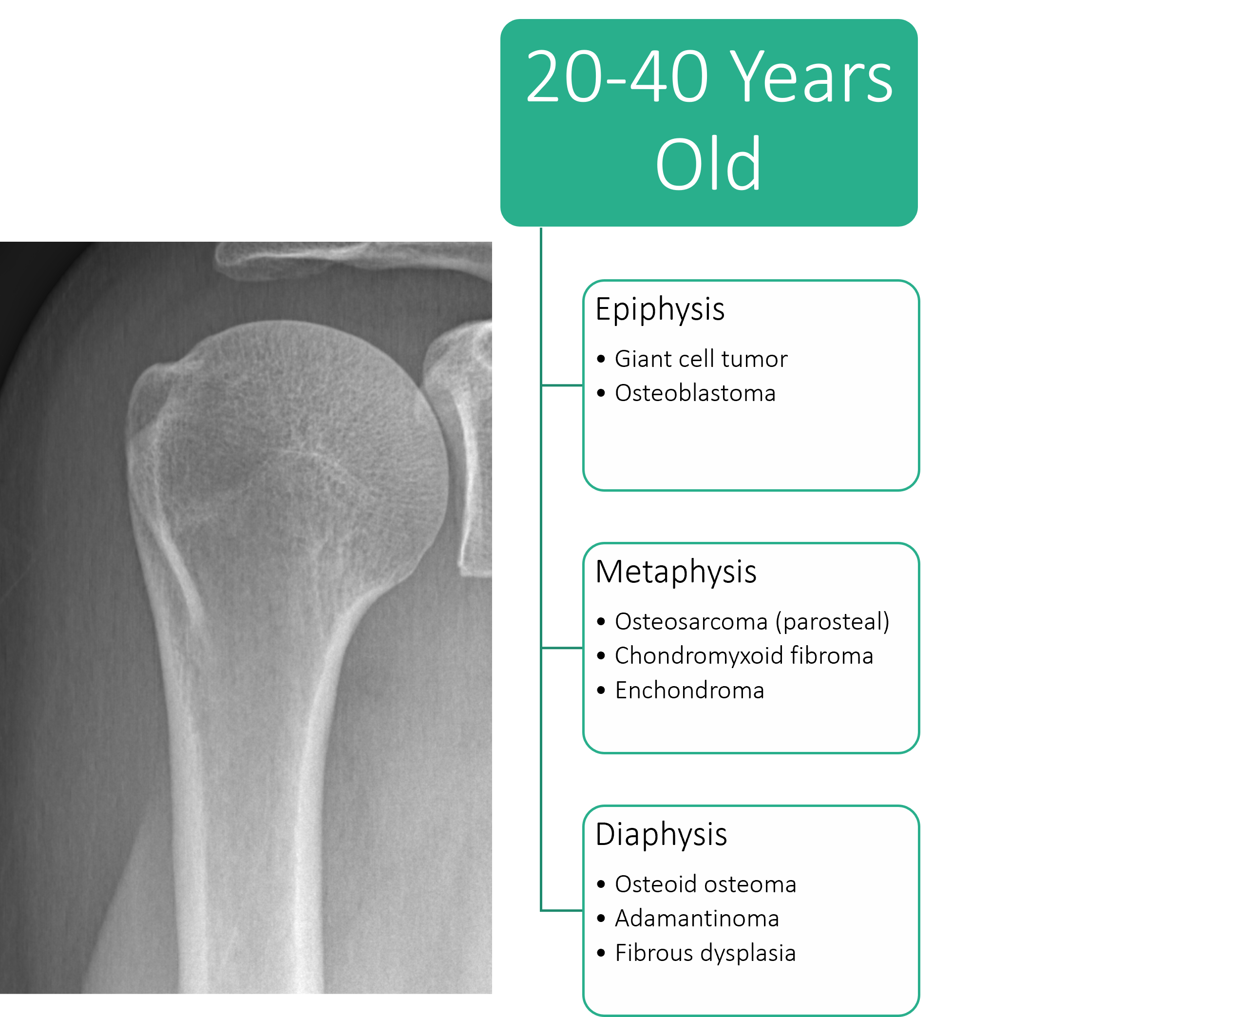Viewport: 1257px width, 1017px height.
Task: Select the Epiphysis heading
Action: (660, 309)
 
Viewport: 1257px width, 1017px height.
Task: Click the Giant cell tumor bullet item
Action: (701, 359)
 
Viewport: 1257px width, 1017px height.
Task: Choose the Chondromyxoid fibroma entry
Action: (744, 655)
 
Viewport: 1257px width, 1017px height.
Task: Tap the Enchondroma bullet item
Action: (689, 690)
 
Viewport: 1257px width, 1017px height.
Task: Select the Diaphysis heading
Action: (661, 834)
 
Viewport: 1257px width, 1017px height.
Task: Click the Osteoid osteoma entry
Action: (705, 884)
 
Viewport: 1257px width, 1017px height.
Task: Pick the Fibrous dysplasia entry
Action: (705, 953)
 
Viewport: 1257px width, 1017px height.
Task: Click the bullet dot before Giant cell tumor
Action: (601, 359)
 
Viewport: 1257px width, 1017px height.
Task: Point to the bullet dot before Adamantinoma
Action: (601, 919)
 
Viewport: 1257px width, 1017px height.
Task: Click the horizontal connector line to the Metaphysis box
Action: (562, 648)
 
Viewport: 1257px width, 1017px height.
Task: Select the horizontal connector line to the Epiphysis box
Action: (562, 385)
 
